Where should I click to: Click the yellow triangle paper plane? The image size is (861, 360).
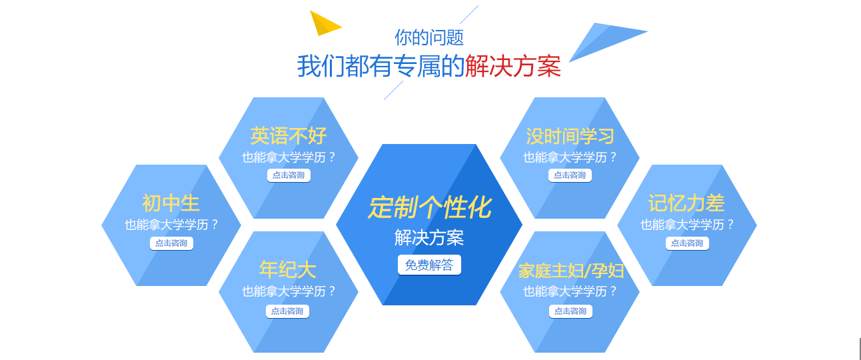[323, 23]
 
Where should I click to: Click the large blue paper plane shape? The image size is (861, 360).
[603, 39]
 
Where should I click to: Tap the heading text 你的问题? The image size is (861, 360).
[429, 37]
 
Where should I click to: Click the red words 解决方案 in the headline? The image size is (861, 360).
[512, 67]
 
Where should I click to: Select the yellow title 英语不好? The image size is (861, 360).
[289, 136]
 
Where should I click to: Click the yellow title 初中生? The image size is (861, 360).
[171, 203]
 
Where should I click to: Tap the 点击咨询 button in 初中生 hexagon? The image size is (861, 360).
[171, 243]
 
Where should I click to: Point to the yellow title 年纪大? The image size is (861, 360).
[288, 269]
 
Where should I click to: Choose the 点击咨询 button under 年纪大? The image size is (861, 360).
[287, 311]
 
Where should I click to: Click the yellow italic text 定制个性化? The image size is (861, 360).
[429, 208]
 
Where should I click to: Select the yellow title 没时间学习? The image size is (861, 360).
[570, 136]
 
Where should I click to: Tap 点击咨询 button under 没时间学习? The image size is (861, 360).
[570, 175]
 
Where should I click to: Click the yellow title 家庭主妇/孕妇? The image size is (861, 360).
[571, 271]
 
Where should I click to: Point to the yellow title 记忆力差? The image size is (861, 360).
[686, 203]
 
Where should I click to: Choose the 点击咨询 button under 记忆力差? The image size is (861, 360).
[687, 243]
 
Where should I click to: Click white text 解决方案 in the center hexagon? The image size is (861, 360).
[429, 237]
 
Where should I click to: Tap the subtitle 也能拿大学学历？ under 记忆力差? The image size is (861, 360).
[687, 225]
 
